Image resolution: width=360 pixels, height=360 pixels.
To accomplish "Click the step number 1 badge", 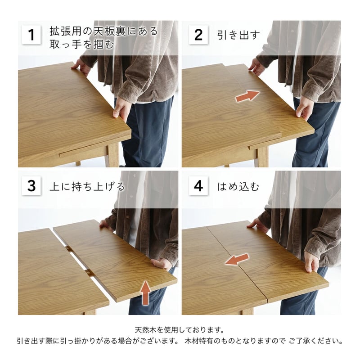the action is [31, 35].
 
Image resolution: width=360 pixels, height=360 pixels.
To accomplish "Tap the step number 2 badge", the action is [198, 35].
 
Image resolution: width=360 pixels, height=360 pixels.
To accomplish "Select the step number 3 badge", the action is [31, 185].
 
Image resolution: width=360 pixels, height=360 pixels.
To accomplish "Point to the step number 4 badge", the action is [198, 185].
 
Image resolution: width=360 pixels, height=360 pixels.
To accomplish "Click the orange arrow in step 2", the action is [247, 96].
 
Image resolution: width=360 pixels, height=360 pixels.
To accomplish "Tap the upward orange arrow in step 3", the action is [145, 292].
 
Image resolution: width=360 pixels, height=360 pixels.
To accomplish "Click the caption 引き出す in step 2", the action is [238, 35].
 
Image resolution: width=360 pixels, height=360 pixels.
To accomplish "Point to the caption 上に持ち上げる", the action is [87, 186].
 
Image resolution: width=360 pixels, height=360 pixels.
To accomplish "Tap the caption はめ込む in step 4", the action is [238, 186].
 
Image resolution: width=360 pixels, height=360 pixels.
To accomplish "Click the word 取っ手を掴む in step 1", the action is [82, 44].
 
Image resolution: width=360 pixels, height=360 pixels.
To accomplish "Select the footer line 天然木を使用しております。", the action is [180, 330].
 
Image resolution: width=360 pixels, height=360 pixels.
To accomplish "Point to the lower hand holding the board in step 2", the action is [305, 108].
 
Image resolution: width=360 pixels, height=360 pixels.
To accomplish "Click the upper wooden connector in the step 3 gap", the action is [68, 249].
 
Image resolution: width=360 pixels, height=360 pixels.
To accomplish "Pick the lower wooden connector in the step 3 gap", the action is [89, 273].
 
